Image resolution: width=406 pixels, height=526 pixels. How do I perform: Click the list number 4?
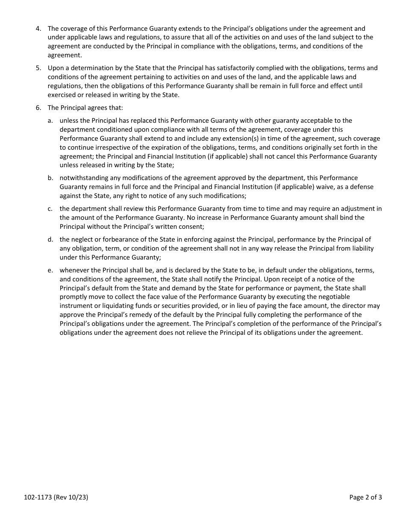tap(38, 29)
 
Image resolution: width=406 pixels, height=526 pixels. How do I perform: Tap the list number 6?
tap(38, 108)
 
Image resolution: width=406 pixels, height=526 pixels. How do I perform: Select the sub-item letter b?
tap(50, 178)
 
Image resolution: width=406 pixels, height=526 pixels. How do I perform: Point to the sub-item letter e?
tap(50, 270)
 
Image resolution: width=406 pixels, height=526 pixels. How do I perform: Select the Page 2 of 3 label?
tap(365, 497)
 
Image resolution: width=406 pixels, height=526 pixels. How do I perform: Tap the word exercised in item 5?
tap(62, 95)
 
